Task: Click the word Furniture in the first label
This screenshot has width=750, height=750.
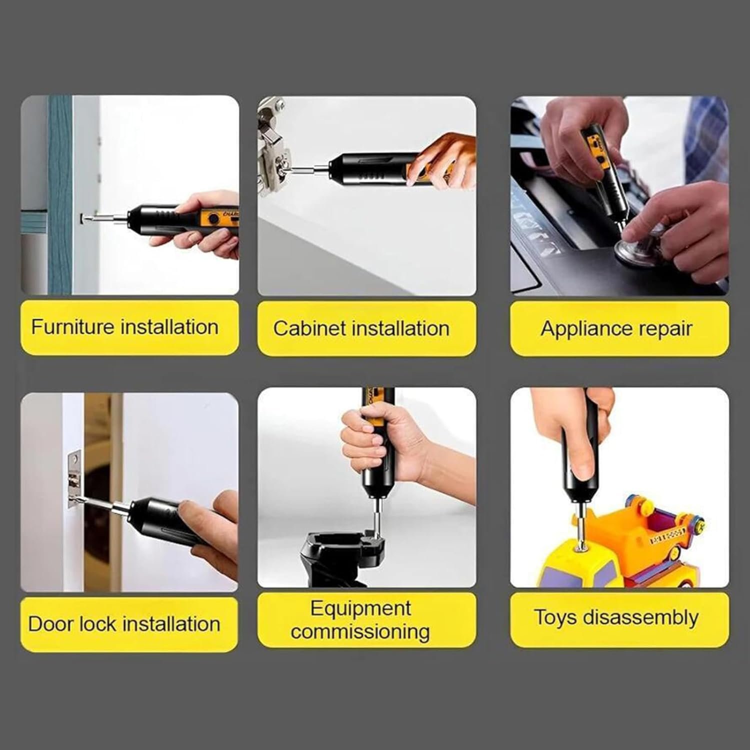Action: tap(73, 327)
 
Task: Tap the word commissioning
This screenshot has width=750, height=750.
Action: tap(360, 632)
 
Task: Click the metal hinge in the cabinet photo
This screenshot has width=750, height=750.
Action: tap(273, 145)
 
